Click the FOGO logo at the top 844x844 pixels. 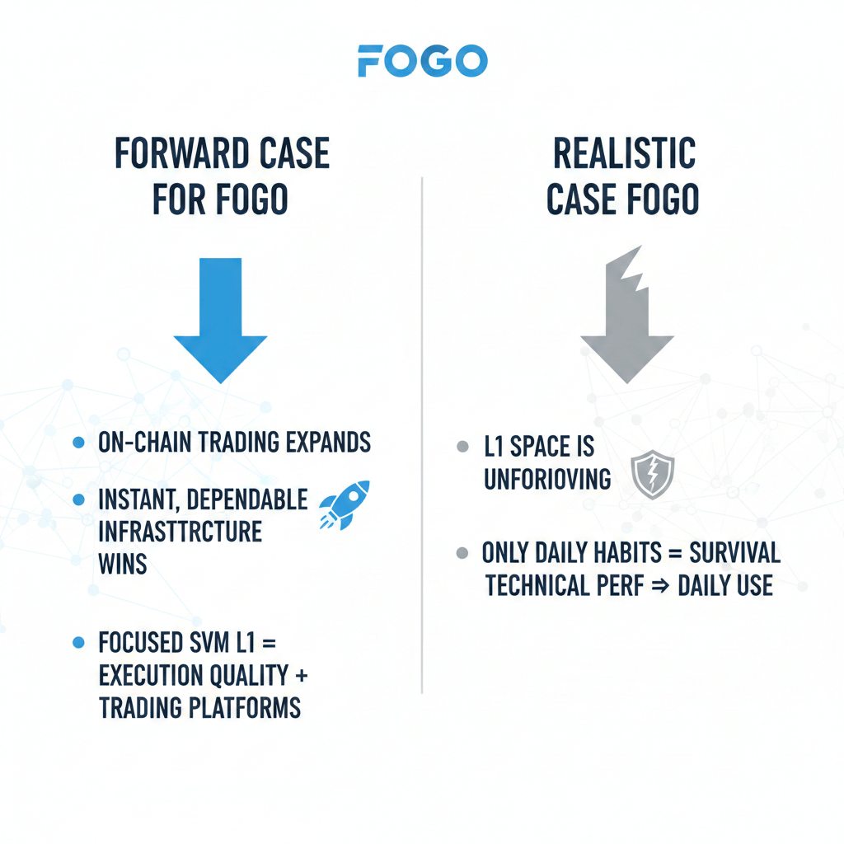click(422, 62)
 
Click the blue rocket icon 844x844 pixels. click(344, 504)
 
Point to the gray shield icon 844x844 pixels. click(652, 474)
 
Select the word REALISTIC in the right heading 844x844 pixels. click(623, 154)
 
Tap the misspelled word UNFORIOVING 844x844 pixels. click(547, 479)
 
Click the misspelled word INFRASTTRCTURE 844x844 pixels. click(179, 532)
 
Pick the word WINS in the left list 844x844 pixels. click(122, 565)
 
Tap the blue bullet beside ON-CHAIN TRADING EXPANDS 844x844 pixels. click(79, 443)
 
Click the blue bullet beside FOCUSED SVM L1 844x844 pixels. click(79, 641)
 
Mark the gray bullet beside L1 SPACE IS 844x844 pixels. click(462, 448)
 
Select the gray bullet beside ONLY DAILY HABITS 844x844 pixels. click(462, 553)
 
